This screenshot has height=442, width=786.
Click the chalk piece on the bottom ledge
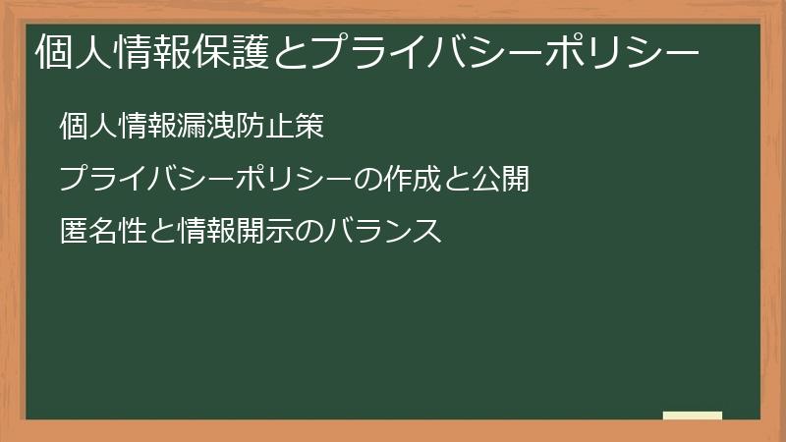tap(693, 415)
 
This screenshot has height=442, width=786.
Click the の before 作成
tap(364, 181)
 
